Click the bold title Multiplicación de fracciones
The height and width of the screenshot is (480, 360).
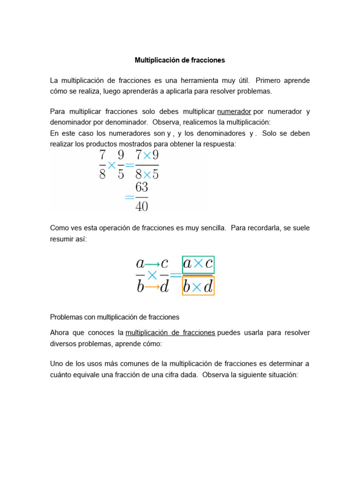pyautogui.click(x=180, y=60)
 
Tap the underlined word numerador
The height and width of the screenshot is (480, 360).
pyautogui.click(x=234, y=112)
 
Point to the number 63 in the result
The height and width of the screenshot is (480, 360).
pyautogui.click(x=142, y=187)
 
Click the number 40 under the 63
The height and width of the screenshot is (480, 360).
pyautogui.click(x=142, y=206)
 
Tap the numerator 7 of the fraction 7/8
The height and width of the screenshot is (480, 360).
pyautogui.click(x=102, y=156)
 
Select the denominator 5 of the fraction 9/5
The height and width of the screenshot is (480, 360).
pyautogui.click(x=121, y=175)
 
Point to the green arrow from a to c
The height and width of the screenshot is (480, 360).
pyautogui.click(x=152, y=264)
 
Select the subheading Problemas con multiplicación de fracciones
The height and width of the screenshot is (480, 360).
pyautogui.click(x=115, y=317)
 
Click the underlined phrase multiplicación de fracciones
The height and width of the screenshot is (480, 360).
pyautogui.click(x=170, y=332)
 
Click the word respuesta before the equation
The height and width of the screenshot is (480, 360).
pyautogui.click(x=219, y=144)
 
